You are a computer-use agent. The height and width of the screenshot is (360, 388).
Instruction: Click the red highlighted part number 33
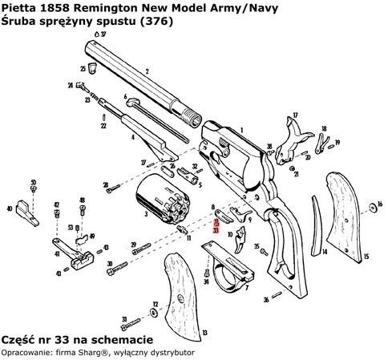[216, 229]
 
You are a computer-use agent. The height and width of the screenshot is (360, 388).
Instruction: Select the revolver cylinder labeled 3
[163, 201]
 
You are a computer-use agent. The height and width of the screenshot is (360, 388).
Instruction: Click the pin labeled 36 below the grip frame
[277, 298]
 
